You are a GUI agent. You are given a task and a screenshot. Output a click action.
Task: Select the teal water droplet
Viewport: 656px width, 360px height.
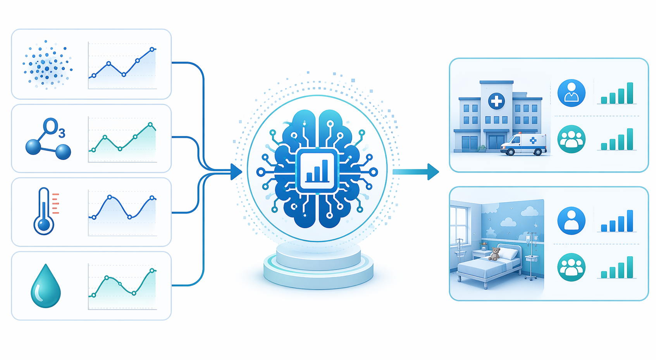tap(46, 286)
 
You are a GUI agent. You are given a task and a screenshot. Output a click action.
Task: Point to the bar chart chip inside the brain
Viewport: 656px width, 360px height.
tap(317, 171)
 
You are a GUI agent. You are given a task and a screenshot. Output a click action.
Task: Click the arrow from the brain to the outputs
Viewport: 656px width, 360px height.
tap(416, 172)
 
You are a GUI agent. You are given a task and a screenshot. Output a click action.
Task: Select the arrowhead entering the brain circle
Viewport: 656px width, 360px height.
tap(236, 172)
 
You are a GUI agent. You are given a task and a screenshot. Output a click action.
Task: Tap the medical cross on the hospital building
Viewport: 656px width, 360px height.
tap(496, 102)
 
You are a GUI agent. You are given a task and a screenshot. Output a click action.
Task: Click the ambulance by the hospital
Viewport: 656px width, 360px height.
tap(523, 145)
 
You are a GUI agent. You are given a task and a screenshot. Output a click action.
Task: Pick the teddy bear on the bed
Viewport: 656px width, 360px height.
tap(494, 254)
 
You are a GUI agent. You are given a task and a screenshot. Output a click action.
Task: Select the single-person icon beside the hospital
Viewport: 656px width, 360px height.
tap(572, 93)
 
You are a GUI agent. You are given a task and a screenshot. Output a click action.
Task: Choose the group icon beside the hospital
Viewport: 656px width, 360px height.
tap(572, 139)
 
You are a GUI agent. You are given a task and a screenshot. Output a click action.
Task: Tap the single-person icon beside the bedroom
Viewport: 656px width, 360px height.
tap(572, 221)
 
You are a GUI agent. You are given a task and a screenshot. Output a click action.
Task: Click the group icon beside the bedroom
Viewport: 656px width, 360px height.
tap(572, 267)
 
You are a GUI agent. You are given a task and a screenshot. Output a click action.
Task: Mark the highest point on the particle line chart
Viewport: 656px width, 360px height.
tap(152, 50)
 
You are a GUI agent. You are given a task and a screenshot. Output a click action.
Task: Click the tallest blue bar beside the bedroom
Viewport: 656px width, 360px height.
tap(630, 221)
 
